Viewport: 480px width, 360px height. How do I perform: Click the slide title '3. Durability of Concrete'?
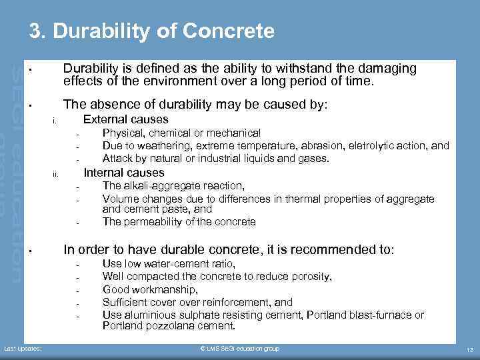pos(151,31)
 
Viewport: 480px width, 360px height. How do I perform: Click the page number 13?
pos(469,349)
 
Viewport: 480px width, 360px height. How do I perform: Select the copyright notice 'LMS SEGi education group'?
pos(240,349)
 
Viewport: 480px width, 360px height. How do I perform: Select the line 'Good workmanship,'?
pos(150,289)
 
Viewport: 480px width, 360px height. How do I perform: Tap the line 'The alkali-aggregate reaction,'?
pos(173,186)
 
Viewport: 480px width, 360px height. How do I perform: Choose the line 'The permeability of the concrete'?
pos(179,222)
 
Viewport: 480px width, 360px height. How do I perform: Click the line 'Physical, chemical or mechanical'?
pos(181,133)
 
